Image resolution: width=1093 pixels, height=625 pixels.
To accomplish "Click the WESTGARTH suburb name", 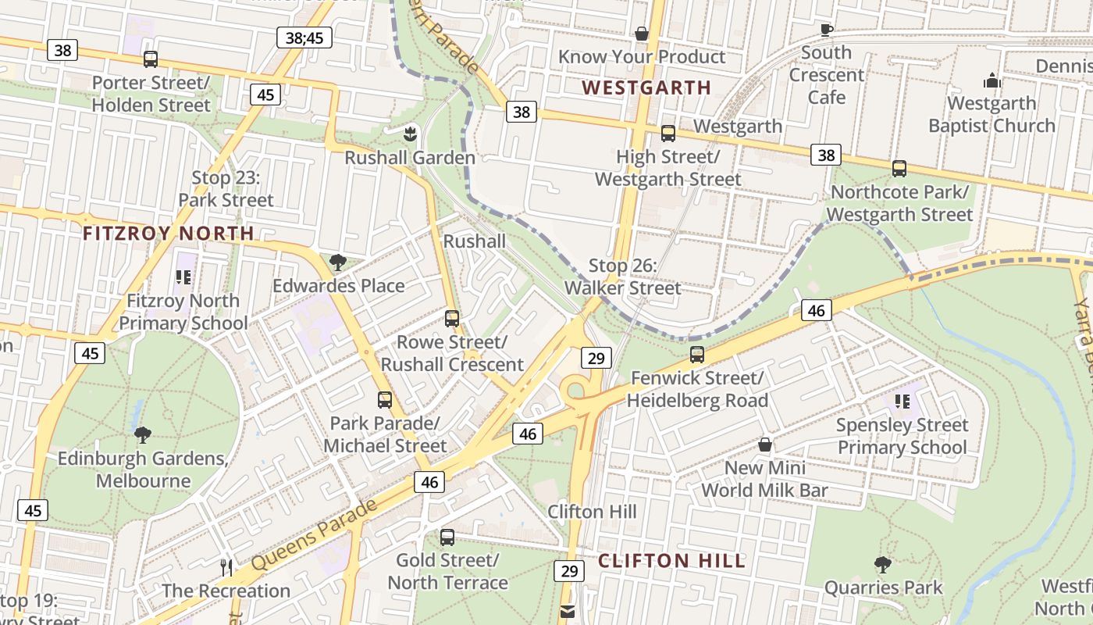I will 646,87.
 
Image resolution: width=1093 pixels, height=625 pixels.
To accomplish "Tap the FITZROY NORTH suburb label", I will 169,233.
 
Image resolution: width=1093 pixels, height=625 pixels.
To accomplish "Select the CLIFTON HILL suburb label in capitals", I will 671,561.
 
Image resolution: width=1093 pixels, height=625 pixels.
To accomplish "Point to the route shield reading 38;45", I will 304,37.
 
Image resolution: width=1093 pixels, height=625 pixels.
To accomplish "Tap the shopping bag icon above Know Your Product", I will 642,34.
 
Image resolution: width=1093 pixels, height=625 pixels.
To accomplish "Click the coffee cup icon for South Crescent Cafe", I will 826,30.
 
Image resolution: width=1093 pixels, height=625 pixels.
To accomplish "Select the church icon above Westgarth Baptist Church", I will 992,80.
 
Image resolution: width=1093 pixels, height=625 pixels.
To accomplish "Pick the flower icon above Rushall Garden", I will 410,134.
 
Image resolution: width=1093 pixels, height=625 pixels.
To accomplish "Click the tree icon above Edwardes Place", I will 338,262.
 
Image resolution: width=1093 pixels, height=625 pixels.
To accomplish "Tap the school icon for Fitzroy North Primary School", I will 183,277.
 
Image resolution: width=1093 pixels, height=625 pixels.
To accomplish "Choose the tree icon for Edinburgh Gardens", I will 143,434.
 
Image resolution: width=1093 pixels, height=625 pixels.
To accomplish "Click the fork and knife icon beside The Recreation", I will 226,567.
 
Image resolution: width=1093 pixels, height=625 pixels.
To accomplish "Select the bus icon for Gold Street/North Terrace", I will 447,537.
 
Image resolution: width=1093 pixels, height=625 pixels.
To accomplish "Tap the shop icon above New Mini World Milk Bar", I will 765,445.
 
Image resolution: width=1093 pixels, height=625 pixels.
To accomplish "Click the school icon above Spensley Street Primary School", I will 903,402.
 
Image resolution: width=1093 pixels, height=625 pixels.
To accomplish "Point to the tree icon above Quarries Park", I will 883,564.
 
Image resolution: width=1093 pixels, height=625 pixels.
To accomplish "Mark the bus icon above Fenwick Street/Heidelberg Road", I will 697,354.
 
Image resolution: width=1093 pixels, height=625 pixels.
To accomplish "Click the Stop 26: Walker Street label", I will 623,277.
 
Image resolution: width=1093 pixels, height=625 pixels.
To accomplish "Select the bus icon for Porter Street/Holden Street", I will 151,59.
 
